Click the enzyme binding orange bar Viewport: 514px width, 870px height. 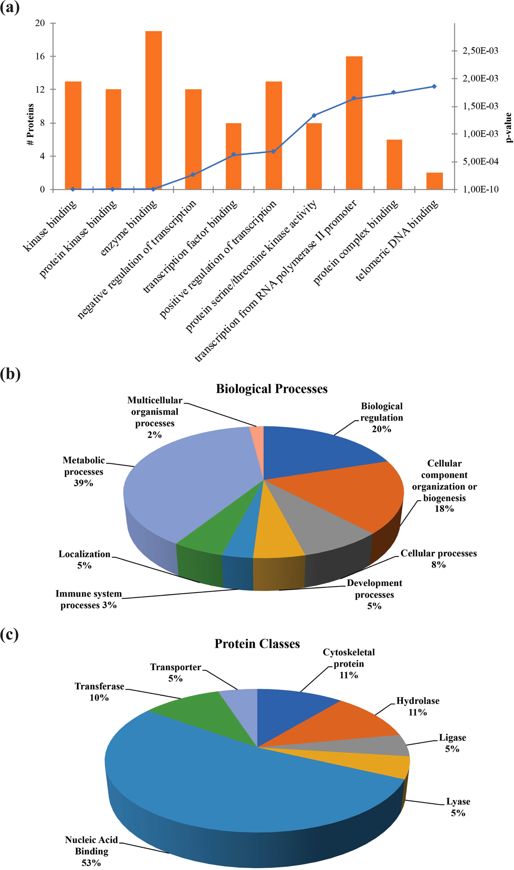153,110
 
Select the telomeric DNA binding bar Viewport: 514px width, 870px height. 434,181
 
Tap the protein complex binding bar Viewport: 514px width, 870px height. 394,165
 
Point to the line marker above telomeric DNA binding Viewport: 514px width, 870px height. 434,86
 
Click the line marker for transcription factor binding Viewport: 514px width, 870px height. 234,155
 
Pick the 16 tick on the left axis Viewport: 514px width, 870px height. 40,56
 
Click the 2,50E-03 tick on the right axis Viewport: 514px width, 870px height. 480,51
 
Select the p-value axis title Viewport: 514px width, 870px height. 509,127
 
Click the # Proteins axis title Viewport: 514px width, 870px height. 30,124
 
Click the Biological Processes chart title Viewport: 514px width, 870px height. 272,389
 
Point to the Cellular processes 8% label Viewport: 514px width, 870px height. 438,559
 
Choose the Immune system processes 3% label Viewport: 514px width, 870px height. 89,599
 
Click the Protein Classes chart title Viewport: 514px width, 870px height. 257,644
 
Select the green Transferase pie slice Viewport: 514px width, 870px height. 195,713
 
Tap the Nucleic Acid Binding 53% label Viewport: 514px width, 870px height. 92,851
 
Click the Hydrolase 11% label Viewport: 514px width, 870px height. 417,706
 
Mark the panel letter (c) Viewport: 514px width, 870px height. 10,635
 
